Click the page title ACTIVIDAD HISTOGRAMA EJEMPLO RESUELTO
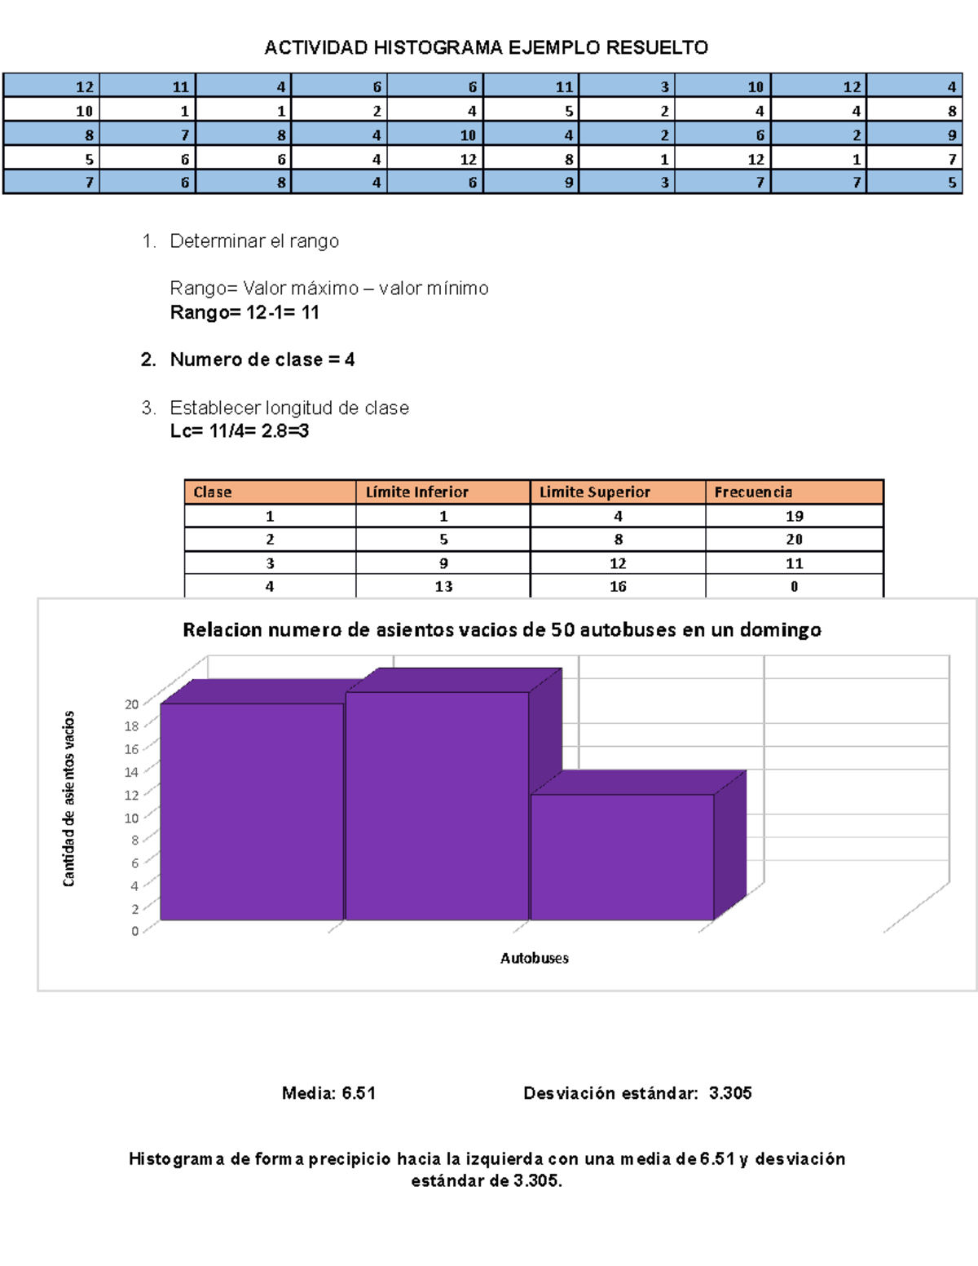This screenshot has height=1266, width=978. [486, 47]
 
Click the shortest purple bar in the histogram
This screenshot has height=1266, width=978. [622, 856]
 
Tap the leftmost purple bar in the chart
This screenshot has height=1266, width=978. [252, 811]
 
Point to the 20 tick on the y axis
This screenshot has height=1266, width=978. [131, 704]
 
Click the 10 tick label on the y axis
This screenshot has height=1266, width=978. [131, 818]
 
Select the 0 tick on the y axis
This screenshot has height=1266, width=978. [134, 931]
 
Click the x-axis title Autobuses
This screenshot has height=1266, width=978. [534, 958]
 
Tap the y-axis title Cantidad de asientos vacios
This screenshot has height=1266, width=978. [69, 798]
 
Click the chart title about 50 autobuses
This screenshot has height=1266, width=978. [501, 629]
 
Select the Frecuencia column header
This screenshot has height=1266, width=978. [753, 492]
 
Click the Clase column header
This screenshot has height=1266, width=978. [213, 492]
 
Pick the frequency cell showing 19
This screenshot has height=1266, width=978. [794, 516]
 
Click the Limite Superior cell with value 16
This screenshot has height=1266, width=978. [618, 586]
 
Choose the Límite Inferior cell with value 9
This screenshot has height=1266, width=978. [443, 563]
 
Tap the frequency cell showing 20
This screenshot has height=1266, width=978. [794, 540]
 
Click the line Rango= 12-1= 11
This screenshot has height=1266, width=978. [244, 312]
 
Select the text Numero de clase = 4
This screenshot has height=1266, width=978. [262, 360]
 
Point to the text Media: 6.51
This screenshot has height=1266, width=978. [328, 1093]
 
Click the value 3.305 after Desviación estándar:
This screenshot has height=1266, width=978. [730, 1093]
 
